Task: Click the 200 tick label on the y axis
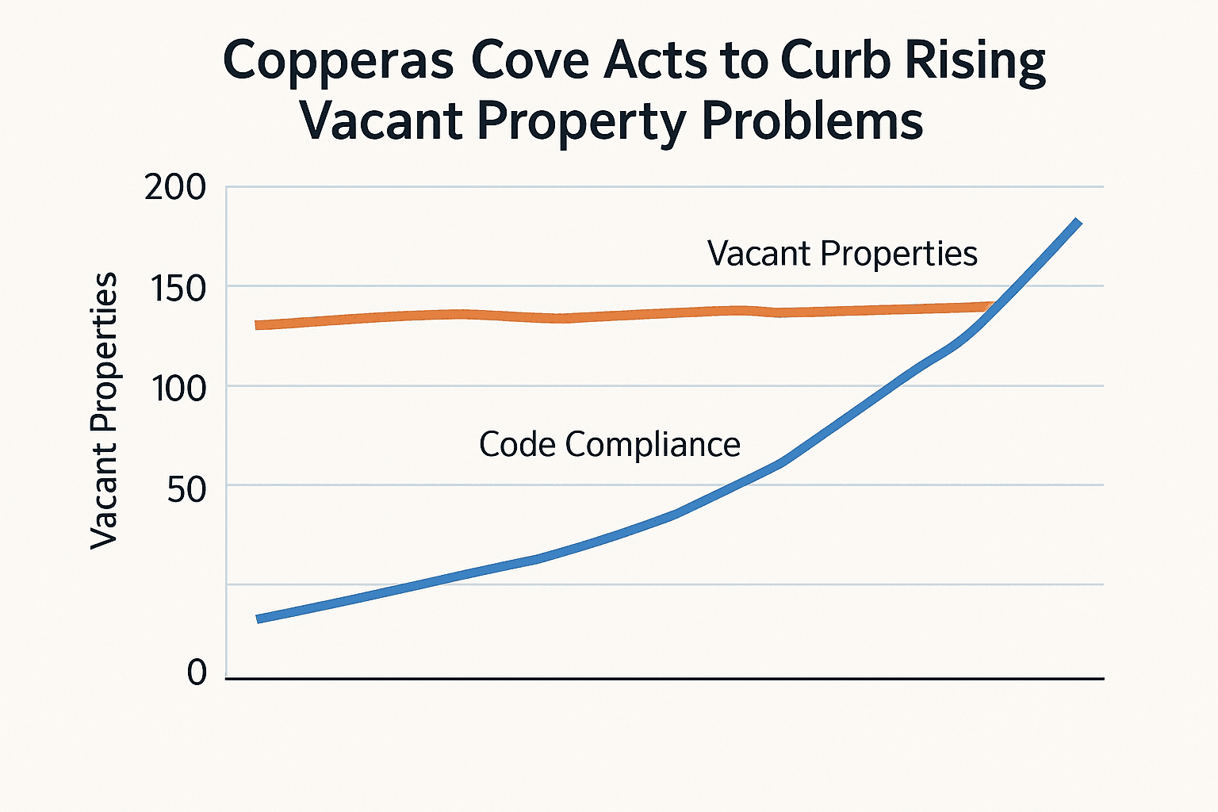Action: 174,189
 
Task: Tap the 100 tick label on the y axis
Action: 178,389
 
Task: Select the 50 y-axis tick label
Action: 186,489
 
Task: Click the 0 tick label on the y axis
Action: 197,672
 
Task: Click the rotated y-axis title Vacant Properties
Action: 104,410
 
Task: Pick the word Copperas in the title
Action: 338,62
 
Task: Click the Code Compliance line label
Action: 609,444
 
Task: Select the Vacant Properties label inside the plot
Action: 842,254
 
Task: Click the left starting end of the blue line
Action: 259,619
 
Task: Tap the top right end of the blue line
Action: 1078,222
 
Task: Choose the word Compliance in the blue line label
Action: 653,445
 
